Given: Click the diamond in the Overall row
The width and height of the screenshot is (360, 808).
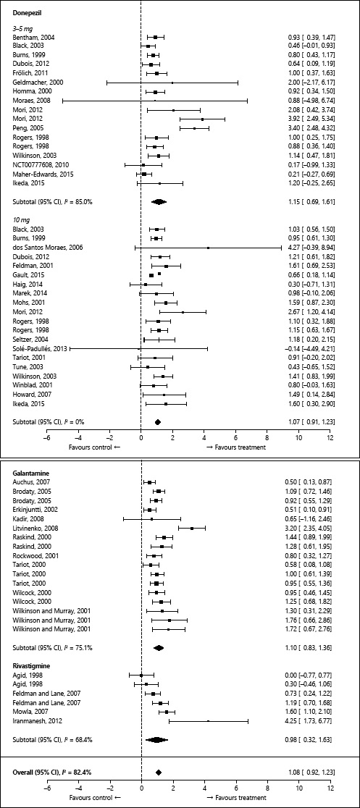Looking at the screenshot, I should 157,773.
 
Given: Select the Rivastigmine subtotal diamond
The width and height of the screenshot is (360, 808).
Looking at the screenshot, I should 156,740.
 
